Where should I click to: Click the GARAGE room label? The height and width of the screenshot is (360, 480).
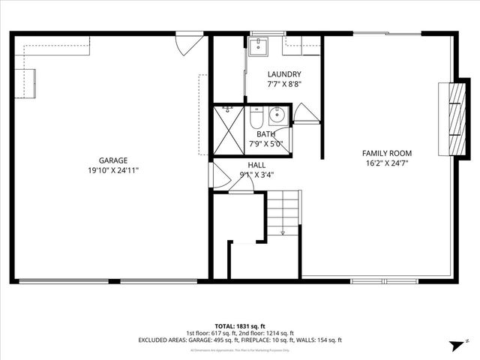(x=113, y=160)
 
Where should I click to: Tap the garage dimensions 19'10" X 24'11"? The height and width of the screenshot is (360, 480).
(x=113, y=170)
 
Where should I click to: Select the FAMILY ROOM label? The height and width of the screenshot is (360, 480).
(x=388, y=153)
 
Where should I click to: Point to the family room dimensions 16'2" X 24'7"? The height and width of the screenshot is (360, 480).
(x=388, y=163)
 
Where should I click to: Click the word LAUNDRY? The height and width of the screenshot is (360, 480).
(x=284, y=74)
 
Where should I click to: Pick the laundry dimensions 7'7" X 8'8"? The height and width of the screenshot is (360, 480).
(x=284, y=85)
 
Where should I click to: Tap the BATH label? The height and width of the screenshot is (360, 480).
(x=266, y=134)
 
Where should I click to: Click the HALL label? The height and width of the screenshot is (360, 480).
(x=256, y=165)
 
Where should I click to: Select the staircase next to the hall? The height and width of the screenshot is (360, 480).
(x=283, y=213)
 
